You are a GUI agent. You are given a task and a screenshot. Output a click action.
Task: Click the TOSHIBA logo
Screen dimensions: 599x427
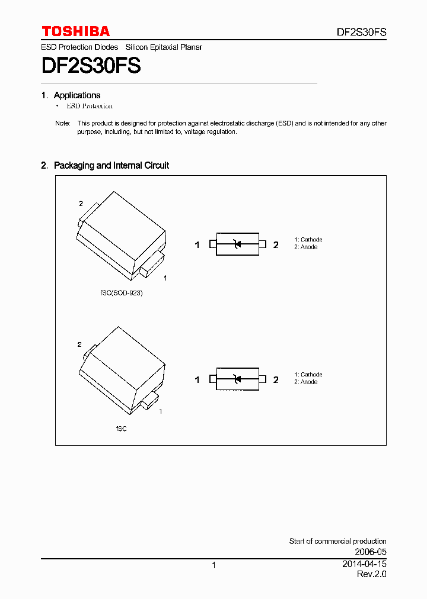pyautogui.click(x=75, y=31)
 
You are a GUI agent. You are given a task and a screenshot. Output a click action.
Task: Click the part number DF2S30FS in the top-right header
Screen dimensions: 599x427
pyautogui.click(x=361, y=33)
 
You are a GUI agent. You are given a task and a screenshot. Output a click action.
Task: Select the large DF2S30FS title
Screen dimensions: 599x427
pyautogui.click(x=91, y=66)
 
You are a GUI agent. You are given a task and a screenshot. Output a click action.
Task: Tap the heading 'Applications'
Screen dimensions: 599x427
pyautogui.click(x=77, y=95)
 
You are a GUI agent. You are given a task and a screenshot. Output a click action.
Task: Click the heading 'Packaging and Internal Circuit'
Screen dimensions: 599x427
pyautogui.click(x=111, y=166)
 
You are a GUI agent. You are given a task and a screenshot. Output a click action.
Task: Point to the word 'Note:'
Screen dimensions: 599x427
pyautogui.click(x=62, y=124)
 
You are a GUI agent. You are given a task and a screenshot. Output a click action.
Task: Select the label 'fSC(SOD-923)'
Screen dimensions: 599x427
pyautogui.click(x=121, y=293)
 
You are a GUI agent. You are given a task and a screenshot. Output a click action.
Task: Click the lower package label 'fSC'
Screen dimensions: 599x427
pyautogui.click(x=121, y=428)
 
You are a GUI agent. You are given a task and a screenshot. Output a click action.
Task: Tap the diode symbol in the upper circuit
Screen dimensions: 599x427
pyautogui.click(x=237, y=244)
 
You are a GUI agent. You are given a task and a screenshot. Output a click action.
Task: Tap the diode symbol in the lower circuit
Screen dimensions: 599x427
pyautogui.click(x=237, y=379)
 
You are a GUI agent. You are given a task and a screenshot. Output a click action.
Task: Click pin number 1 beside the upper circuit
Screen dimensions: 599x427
pyautogui.click(x=197, y=245)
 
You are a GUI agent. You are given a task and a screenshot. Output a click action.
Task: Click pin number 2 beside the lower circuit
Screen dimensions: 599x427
pyautogui.click(x=276, y=379)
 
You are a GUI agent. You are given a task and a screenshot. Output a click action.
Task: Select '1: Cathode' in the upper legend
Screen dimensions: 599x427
pyautogui.click(x=308, y=240)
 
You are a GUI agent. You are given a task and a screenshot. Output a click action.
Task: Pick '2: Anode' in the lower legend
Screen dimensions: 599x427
pyautogui.click(x=306, y=382)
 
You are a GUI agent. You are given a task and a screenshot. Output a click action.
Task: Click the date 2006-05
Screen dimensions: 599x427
pyautogui.click(x=371, y=552)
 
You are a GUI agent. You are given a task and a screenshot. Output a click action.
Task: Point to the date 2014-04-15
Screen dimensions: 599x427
pyautogui.click(x=364, y=564)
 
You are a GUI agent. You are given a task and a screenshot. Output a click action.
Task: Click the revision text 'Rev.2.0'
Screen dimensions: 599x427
pyautogui.click(x=371, y=575)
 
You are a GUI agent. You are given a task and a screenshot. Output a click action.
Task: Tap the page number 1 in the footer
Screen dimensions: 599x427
pyautogui.click(x=213, y=565)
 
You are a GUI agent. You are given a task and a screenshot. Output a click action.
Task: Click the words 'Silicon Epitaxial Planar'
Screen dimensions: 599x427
pyautogui.click(x=164, y=47)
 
